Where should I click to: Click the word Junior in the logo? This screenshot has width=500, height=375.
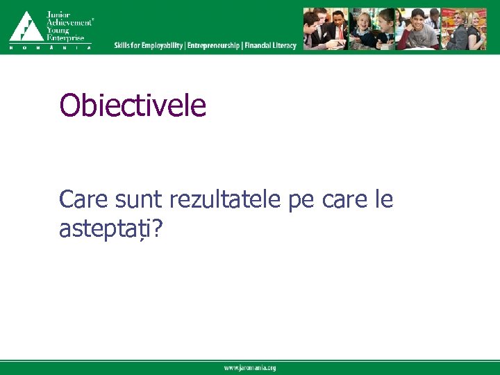click(59, 15)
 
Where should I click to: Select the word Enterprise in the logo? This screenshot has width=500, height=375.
click(65, 37)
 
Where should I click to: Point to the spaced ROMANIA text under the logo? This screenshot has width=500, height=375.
click(50, 48)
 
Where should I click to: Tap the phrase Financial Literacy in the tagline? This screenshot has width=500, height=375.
click(270, 46)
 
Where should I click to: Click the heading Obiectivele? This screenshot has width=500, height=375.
click(133, 106)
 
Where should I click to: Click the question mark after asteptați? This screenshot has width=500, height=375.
click(157, 231)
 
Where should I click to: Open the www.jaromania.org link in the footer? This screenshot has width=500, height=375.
click(249, 368)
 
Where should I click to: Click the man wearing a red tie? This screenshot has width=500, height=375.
click(335, 29)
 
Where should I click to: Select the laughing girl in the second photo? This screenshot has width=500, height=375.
click(364, 29)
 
